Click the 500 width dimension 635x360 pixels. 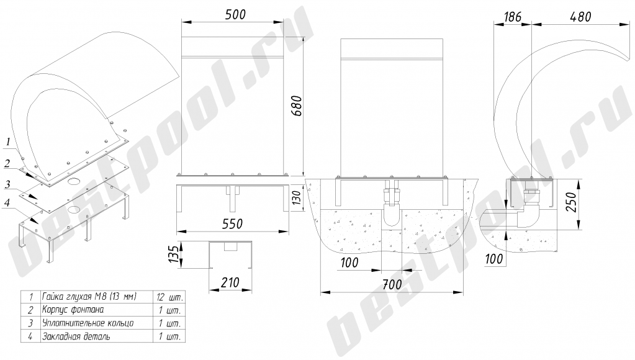click(x=235, y=14)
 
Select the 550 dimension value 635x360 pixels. click(x=232, y=224)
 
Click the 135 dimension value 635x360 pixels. click(x=174, y=254)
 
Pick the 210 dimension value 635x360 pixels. click(x=230, y=282)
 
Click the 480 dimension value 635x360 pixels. click(x=580, y=17)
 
